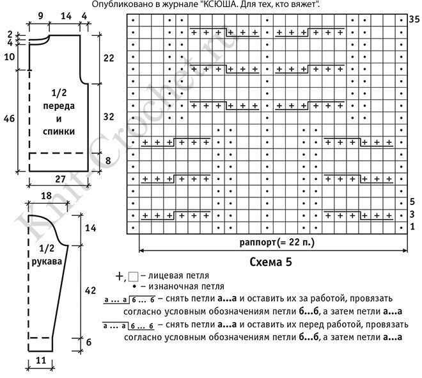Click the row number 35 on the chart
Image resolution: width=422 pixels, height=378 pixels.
coord(414,21)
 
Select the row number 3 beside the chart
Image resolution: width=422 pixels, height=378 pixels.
coord(412,214)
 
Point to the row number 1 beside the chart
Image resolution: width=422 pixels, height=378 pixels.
coord(412,227)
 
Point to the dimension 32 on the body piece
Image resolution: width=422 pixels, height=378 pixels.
coord(108,117)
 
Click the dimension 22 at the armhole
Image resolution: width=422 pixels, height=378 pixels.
coord(108,58)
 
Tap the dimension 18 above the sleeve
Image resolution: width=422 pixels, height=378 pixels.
coord(47,196)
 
